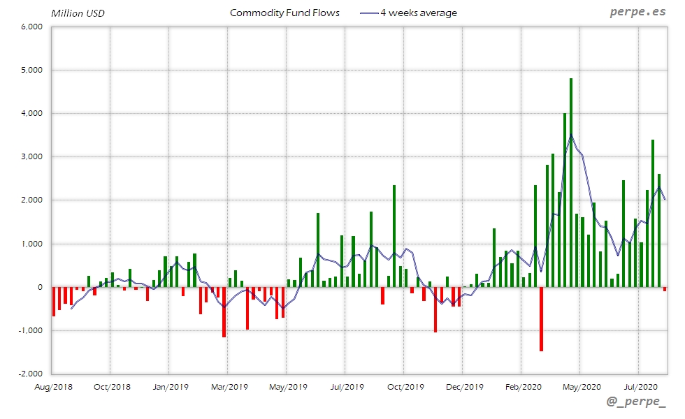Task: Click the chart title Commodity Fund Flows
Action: point(284,13)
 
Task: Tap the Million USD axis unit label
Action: point(78,13)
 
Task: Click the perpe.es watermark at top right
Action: point(638,13)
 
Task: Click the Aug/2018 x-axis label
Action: point(54,386)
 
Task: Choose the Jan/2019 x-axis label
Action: point(171,386)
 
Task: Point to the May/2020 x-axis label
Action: point(582,386)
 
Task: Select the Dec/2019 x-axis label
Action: point(464,386)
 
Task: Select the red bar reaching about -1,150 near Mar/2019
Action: point(224,312)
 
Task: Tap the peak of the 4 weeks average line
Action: point(571,135)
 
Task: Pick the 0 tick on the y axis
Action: point(41,287)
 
